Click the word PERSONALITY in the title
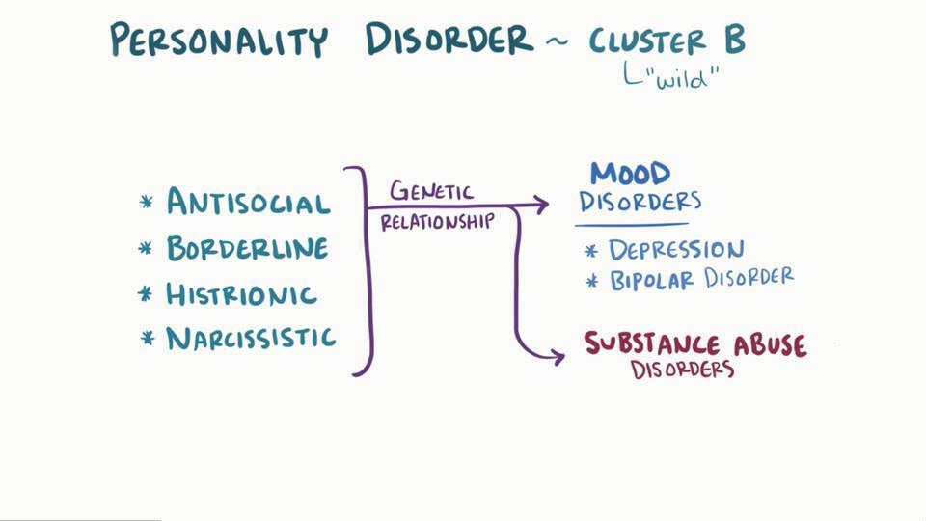pyautogui.click(x=218, y=41)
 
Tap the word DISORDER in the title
pyautogui.click(x=449, y=41)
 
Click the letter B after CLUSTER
pyautogui.click(x=731, y=41)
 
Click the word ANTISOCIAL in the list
pyautogui.click(x=248, y=203)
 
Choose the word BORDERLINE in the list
pyautogui.click(x=247, y=249)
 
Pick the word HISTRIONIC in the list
pyautogui.click(x=241, y=294)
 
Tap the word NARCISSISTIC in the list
pyautogui.click(x=251, y=339)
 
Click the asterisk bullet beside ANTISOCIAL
pyautogui.click(x=147, y=203)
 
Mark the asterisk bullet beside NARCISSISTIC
pyautogui.click(x=148, y=339)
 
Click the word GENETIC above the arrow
pyautogui.click(x=431, y=190)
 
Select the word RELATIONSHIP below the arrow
pyautogui.click(x=437, y=222)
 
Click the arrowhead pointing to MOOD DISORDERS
pyautogui.click(x=542, y=205)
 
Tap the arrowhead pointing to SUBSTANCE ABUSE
pyautogui.click(x=558, y=357)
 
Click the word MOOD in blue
pyautogui.click(x=631, y=175)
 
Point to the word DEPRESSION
pyautogui.click(x=676, y=251)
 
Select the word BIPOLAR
pyautogui.click(x=653, y=281)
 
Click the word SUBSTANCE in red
pyautogui.click(x=652, y=344)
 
